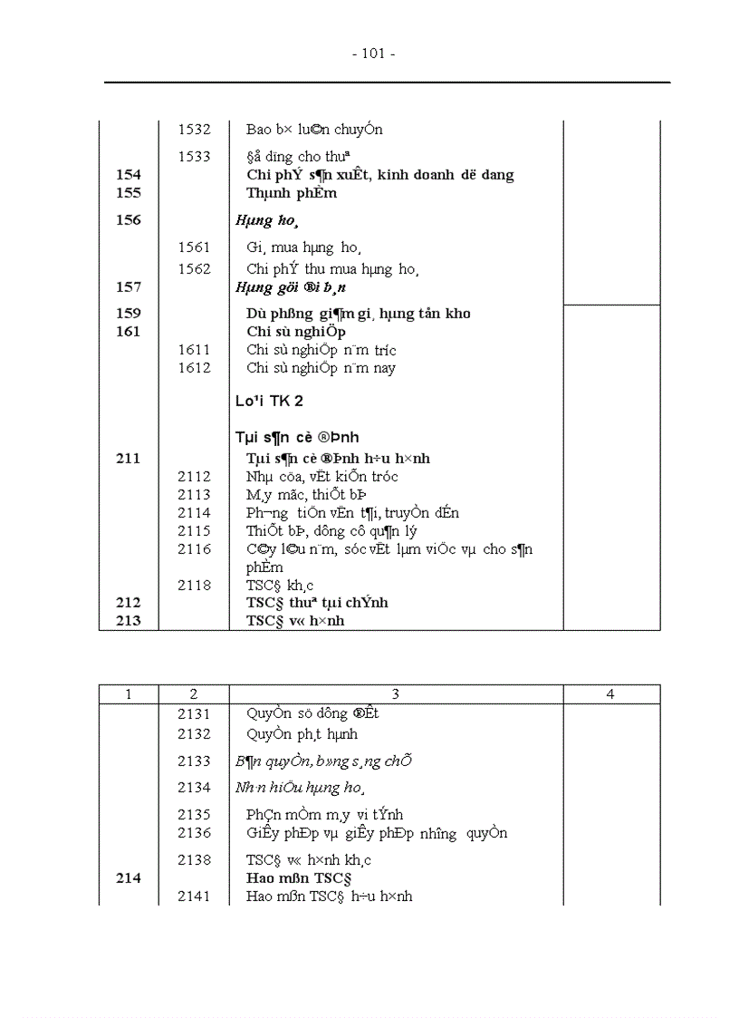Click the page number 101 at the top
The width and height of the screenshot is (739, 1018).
tap(373, 53)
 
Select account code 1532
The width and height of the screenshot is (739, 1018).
tap(194, 130)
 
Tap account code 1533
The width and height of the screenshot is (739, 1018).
tap(194, 157)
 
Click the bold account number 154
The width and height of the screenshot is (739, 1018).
tap(129, 175)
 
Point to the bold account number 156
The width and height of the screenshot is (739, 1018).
tap(129, 219)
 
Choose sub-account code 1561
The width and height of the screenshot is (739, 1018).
tap(194, 247)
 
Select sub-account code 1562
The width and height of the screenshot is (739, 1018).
tap(194, 268)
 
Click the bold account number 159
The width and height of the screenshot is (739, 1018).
tap(129, 314)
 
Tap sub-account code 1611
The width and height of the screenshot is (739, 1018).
tap(194, 350)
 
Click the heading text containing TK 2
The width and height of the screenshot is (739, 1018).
tap(269, 402)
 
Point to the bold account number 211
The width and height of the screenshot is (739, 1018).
tap(129, 459)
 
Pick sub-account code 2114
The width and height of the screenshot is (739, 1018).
tap(194, 513)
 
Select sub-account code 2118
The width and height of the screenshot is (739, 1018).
tap(194, 586)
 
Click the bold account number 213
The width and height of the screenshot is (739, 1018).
tap(129, 621)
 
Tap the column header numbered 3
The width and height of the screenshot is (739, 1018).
tap(396, 694)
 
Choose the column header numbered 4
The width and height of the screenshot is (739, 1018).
tap(610, 694)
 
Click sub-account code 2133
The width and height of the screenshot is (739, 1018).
tap(194, 761)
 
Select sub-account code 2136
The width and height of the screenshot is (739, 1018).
tap(194, 833)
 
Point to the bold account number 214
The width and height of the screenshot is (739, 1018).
tap(129, 878)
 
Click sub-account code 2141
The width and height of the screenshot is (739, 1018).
tap(194, 897)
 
